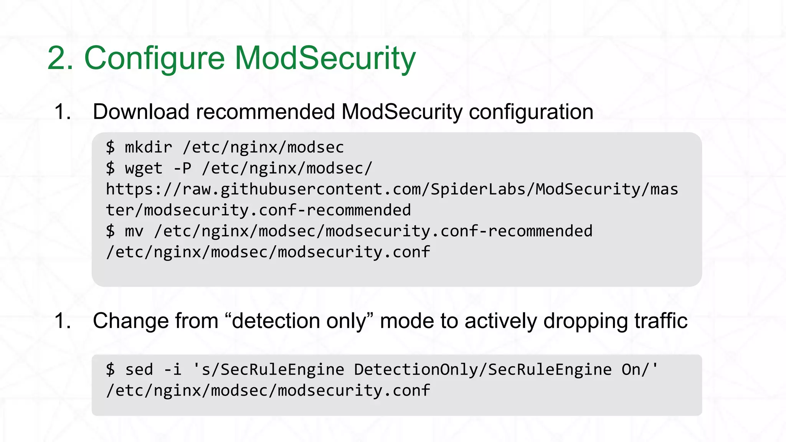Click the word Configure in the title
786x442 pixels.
(x=154, y=58)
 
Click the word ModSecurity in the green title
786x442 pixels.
(x=325, y=58)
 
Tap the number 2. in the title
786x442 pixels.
(x=61, y=58)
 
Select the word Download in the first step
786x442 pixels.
(x=141, y=112)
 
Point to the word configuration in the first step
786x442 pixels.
(x=531, y=112)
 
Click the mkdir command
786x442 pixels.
(x=149, y=147)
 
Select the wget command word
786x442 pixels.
(x=144, y=168)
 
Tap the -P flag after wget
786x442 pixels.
(x=182, y=168)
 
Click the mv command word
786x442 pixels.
(x=134, y=231)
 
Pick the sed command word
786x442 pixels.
(x=139, y=369)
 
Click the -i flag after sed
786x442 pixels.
(x=172, y=369)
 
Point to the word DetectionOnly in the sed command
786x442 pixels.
(x=416, y=369)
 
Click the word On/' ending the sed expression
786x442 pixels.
(x=640, y=369)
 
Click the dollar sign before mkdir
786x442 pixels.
(x=110, y=147)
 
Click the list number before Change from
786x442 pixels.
(x=63, y=321)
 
